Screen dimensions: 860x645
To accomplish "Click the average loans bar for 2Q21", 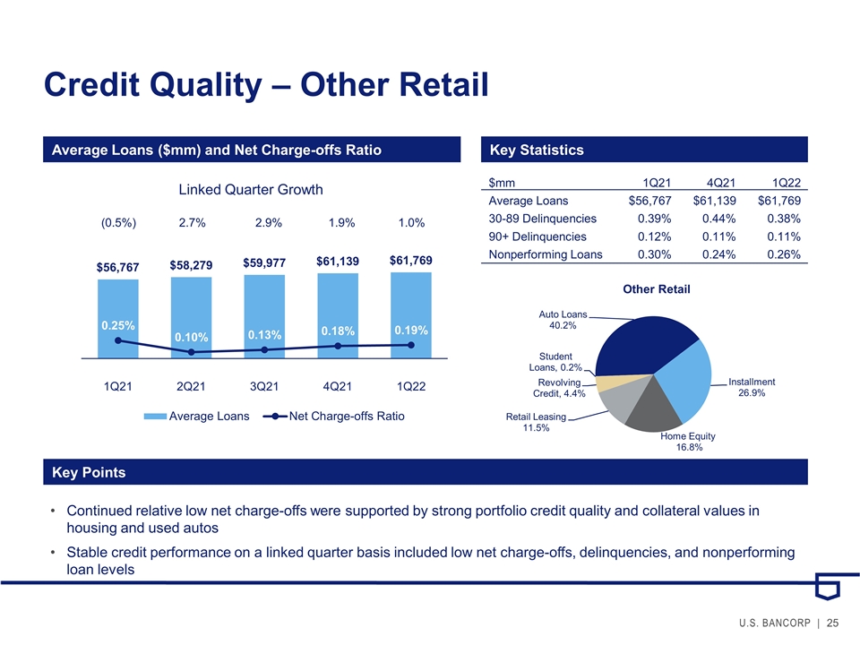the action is (191, 317).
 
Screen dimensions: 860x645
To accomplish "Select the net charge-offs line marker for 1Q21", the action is (118, 340).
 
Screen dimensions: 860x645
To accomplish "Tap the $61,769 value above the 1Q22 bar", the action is (411, 260).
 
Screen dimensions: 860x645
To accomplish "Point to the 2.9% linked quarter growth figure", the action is (268, 223).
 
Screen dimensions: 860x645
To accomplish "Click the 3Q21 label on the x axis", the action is (263, 386).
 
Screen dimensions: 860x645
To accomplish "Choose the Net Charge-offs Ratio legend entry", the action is (333, 417).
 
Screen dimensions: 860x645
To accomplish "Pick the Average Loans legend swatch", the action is (155, 417).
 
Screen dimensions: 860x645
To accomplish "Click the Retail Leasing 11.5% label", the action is (536, 422).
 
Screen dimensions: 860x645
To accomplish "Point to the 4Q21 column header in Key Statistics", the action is (720, 183).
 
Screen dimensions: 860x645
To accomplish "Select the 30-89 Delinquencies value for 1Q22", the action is (784, 219).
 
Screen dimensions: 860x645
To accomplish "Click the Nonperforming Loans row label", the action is (546, 254).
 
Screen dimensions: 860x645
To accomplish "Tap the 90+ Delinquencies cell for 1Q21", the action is (654, 236).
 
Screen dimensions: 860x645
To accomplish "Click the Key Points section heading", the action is (89, 472).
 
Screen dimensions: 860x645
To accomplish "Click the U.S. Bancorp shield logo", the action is (827, 586).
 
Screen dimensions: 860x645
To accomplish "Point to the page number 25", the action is (832, 623).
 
